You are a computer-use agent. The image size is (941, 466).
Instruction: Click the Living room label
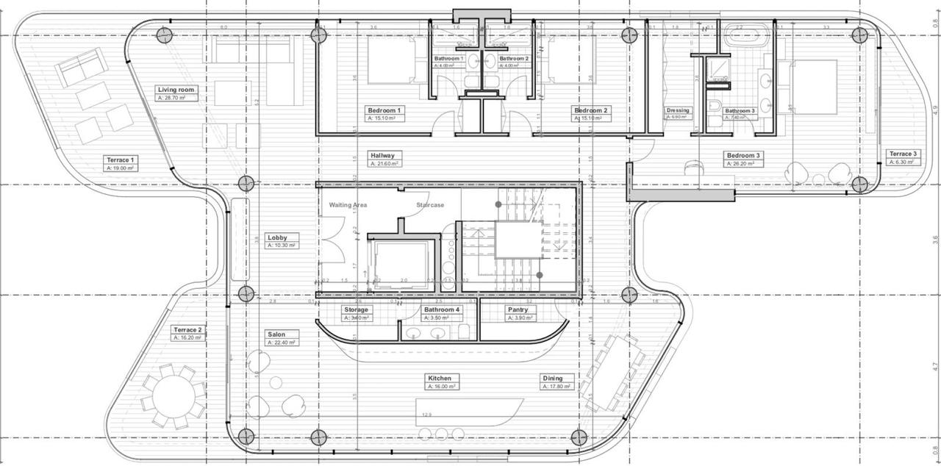(x=176, y=90)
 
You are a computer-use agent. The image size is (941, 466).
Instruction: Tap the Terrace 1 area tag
(x=121, y=168)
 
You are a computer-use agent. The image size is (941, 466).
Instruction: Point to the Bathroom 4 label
(x=442, y=309)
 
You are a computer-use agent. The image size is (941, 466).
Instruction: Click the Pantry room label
(x=518, y=309)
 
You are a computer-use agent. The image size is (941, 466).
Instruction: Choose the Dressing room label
(x=678, y=110)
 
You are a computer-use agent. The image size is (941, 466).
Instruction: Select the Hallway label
(x=382, y=155)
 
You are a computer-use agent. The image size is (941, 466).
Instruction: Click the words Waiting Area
(x=348, y=205)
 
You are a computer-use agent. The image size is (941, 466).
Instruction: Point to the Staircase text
(x=430, y=205)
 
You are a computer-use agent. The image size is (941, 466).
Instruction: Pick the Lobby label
(x=277, y=238)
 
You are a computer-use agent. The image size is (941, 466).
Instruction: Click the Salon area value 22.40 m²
(x=282, y=343)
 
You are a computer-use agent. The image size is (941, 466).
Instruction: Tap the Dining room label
(x=553, y=379)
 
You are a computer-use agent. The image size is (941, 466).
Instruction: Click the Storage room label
(x=356, y=309)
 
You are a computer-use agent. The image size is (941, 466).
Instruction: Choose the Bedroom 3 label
(x=743, y=155)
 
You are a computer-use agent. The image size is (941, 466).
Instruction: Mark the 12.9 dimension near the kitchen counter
(x=426, y=415)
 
